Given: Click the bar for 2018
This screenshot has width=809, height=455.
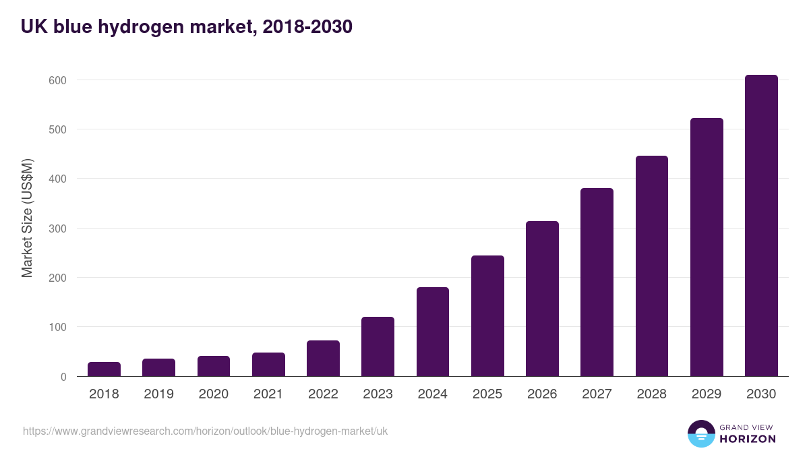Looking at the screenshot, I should (104, 369).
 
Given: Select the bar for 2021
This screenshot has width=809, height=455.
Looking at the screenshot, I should (268, 365).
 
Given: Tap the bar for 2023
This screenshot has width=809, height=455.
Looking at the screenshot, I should (378, 346).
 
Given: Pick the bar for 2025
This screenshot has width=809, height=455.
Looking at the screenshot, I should (487, 315).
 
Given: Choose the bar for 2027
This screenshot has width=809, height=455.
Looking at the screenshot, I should (597, 282).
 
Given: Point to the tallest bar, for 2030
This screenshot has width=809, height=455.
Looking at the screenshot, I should (761, 226).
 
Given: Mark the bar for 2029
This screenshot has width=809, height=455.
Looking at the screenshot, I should (707, 247).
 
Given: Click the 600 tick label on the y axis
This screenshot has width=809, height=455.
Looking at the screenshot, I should (57, 80).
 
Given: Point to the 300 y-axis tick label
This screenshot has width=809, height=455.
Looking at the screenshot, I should (57, 229).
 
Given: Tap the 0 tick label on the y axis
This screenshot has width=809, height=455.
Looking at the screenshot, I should (63, 377).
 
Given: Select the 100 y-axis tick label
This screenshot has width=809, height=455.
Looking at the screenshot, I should (57, 328).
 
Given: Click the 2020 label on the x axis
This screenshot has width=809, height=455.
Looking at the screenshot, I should (214, 394).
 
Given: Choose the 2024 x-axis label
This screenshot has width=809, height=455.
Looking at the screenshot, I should (433, 394).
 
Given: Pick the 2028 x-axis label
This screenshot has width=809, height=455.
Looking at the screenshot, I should (652, 394).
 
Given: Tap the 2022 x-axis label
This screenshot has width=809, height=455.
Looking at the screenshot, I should (323, 394).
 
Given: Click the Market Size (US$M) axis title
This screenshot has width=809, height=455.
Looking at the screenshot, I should (27, 218).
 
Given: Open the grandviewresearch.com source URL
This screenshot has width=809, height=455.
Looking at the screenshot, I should (205, 431).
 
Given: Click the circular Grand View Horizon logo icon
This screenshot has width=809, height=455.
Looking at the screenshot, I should (701, 433).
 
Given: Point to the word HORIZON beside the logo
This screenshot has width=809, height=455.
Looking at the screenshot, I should (748, 439).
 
